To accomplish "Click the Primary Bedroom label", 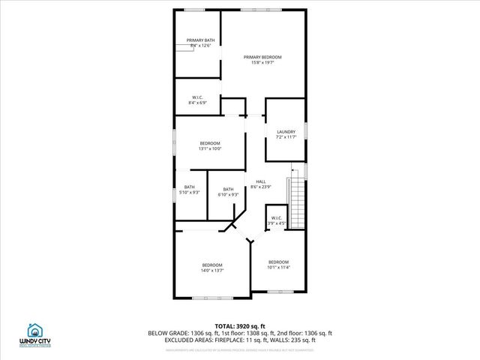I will tap(262, 57).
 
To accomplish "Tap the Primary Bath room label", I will tap(200, 40).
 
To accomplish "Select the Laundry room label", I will tap(286, 132).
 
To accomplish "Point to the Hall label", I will tap(261, 181).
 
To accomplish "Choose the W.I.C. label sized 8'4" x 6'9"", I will tap(198, 97).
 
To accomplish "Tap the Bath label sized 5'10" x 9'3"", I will tap(190, 187).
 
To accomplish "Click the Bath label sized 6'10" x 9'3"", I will tap(228, 189).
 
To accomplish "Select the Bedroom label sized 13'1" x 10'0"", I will tap(209, 143).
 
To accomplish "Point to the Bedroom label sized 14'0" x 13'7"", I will tap(211, 265).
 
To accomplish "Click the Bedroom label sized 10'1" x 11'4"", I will tap(278, 262).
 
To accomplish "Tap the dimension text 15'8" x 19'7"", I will tap(262, 63).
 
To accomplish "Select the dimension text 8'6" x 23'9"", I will tap(261, 187).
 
